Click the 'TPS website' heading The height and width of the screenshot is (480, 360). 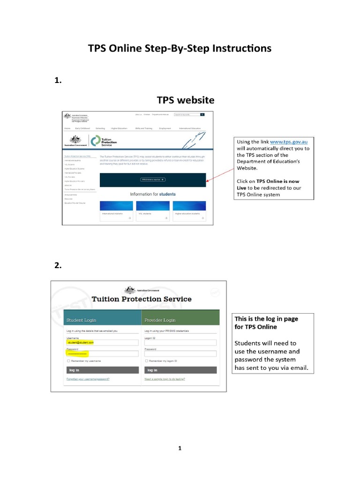click(185, 100)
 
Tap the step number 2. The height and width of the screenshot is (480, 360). click(58, 265)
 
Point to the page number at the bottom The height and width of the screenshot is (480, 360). click(180, 448)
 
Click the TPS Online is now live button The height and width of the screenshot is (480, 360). click(153, 180)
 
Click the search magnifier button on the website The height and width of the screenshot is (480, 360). click(202, 114)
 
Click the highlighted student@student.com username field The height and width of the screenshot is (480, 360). click(103, 343)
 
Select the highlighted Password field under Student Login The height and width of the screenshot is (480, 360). click(103, 354)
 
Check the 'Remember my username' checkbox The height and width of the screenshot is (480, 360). click(68, 361)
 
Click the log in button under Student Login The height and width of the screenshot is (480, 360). click(103, 370)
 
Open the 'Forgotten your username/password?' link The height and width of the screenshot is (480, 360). click(88, 379)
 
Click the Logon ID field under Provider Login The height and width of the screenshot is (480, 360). click(180, 343)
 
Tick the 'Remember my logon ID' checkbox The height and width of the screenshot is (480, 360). click(147, 361)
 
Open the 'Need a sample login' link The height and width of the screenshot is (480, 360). click(165, 379)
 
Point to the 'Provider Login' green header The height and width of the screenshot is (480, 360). click(180, 320)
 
